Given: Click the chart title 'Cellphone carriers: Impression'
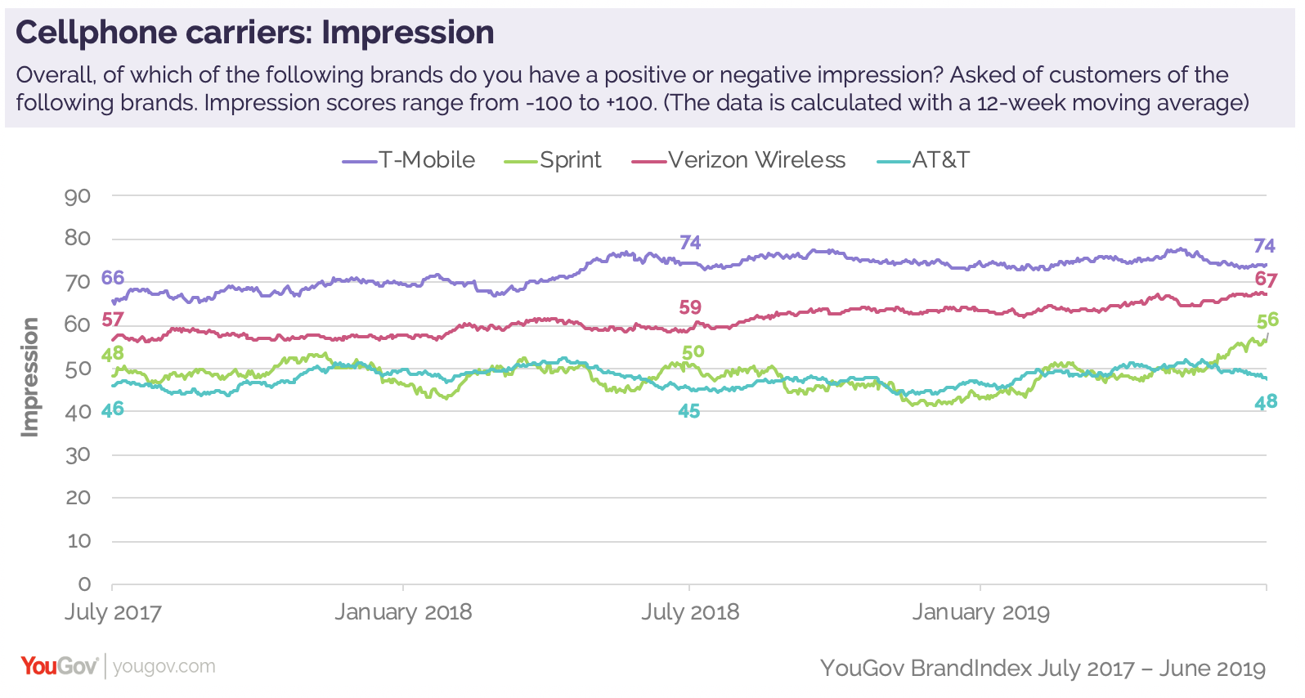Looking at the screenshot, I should coord(254,33).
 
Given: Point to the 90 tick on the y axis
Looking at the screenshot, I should coord(78,196).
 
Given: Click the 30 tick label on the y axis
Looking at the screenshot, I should coord(78,455).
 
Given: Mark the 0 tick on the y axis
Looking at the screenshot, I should coord(84,584).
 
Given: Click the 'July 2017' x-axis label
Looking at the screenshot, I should coord(113,612).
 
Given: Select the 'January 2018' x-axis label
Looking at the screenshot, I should coord(403,612).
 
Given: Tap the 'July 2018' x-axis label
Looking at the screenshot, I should coord(690,612).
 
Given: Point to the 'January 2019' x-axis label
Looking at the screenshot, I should coord(980,612).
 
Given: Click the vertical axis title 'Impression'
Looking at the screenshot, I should coord(30,377).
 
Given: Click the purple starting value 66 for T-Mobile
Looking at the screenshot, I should coord(113,278).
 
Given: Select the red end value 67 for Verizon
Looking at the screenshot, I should coord(1266,280).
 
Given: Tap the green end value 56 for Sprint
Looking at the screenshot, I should coord(1267,320).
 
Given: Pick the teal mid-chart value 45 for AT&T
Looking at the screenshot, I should coord(688,411).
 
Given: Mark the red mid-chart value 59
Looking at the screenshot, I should coord(690,307).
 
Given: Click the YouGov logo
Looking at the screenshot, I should coord(59,666).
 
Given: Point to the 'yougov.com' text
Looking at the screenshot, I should coord(164,667).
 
